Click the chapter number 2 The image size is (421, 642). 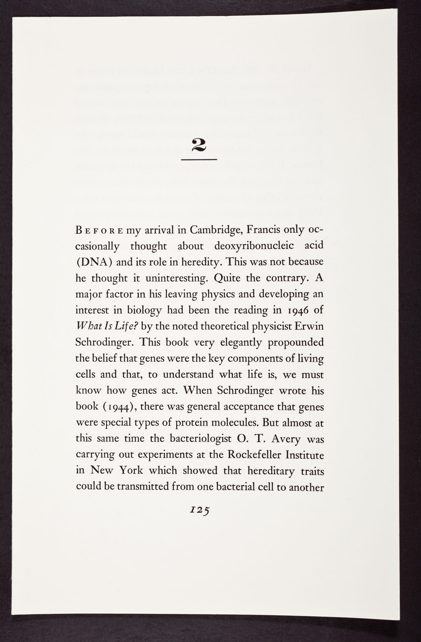(199, 145)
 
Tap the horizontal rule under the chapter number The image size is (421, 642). (199, 160)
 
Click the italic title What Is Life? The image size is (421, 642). (107, 326)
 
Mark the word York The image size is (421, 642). (131, 471)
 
